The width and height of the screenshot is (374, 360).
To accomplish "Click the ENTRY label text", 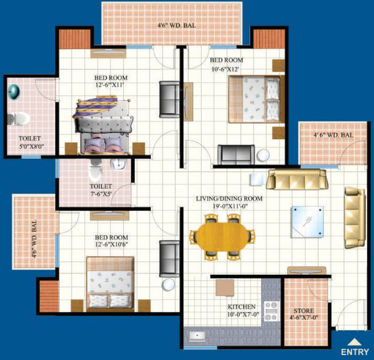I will pyautogui.click(x=358, y=352).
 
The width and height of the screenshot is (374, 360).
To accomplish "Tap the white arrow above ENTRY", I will pyautogui.click(x=358, y=342).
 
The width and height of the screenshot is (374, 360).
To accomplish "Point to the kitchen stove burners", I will pyautogui.click(x=271, y=311).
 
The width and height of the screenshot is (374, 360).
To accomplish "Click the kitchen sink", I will pyautogui.click(x=197, y=336).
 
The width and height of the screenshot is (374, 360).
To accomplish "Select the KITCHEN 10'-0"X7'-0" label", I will pyautogui.click(x=242, y=310).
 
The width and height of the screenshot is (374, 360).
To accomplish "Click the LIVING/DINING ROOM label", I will pyautogui.click(x=229, y=202).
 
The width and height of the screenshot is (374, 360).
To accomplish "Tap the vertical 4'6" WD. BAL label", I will pyautogui.click(x=34, y=240).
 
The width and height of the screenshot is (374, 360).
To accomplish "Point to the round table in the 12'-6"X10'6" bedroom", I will pyautogui.click(x=168, y=285).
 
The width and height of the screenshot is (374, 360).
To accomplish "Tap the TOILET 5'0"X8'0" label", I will pyautogui.click(x=30, y=142).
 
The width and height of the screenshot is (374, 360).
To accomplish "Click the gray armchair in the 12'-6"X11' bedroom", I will pyautogui.click(x=169, y=99).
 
